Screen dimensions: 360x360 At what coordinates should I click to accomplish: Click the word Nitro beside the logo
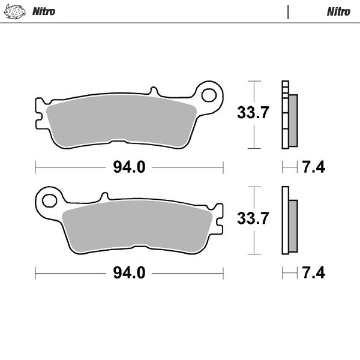point(43,11)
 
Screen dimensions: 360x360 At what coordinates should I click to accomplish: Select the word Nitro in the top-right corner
point(338,11)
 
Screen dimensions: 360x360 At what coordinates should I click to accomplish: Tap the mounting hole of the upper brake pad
point(209,94)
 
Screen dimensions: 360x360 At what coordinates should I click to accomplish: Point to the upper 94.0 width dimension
point(129,167)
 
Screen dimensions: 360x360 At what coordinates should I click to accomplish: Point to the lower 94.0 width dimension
point(129,273)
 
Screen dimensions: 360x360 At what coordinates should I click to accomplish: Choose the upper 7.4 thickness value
point(313,167)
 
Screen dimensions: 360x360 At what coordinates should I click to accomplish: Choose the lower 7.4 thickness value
point(313,273)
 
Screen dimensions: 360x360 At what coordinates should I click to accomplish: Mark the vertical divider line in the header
point(288,11)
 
